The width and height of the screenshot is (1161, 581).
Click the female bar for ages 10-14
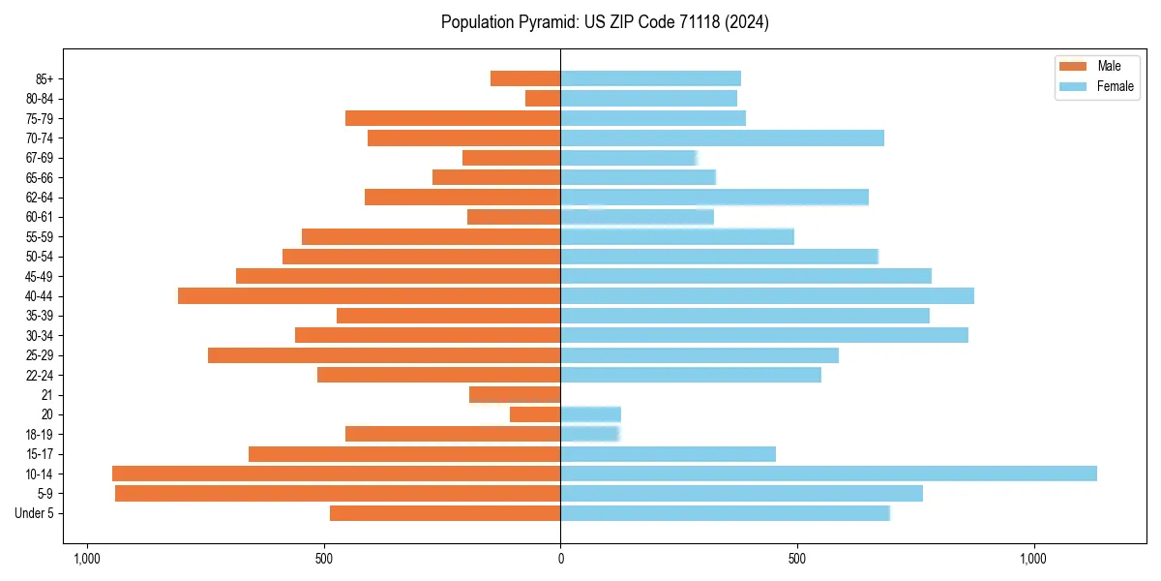(x=828, y=474)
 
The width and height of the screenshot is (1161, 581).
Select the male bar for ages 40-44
(x=369, y=295)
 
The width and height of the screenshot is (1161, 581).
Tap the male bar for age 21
(x=515, y=394)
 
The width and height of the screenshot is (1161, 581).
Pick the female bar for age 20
(x=590, y=414)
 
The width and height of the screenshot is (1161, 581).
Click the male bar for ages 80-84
(x=543, y=98)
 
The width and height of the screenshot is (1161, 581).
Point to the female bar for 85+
(x=650, y=78)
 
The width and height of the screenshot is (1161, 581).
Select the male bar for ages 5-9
(x=338, y=493)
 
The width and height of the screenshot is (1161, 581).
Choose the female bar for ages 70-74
(x=722, y=138)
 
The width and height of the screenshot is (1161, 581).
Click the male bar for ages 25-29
(x=384, y=354)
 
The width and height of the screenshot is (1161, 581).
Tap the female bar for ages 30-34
(x=764, y=335)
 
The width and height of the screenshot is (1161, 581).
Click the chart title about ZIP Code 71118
(x=605, y=22)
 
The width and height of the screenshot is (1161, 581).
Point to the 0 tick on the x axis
(x=560, y=559)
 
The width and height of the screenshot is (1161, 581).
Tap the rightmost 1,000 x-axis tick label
(x=1033, y=559)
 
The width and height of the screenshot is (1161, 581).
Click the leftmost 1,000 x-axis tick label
(x=87, y=559)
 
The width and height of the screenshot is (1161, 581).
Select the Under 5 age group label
(x=34, y=513)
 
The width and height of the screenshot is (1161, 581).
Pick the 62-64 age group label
(x=40, y=198)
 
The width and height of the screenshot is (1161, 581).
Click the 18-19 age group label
(x=40, y=434)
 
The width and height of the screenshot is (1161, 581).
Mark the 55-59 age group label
(x=40, y=236)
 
